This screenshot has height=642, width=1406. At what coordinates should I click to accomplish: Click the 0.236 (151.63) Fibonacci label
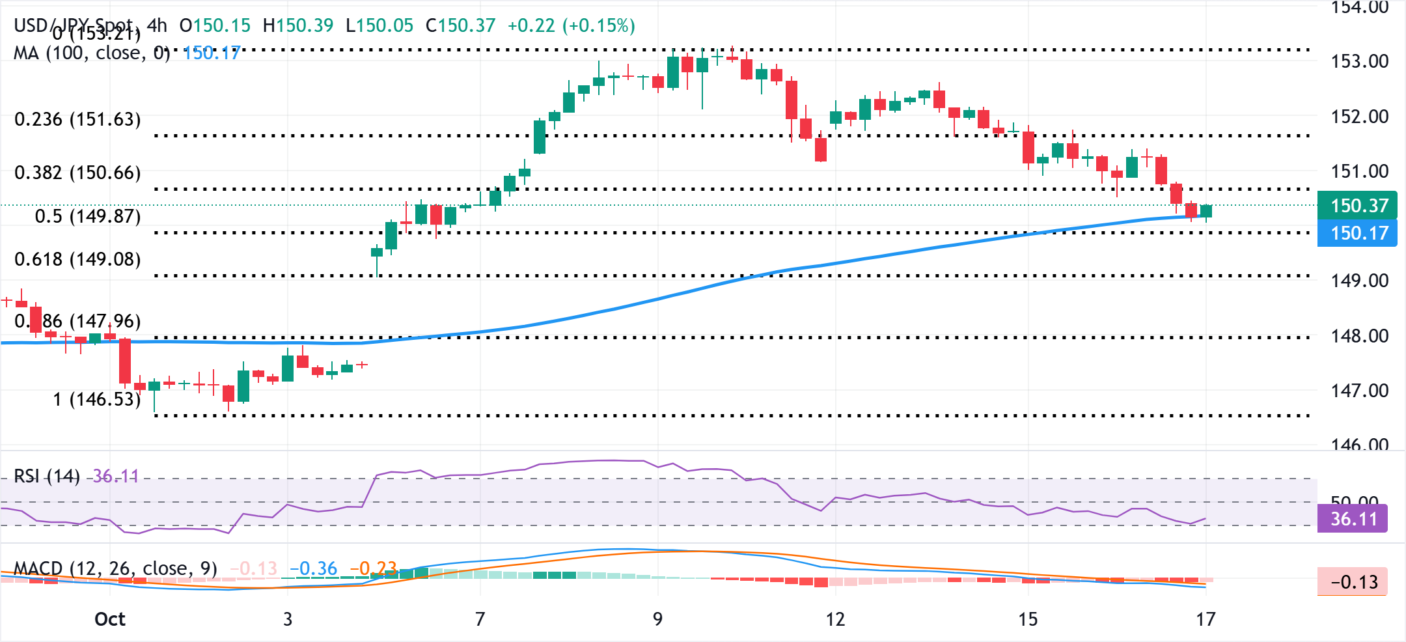click(x=77, y=119)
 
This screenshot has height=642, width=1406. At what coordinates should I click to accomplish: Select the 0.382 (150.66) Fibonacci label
click(x=77, y=173)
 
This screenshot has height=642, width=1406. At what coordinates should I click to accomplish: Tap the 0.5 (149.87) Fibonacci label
click(x=88, y=216)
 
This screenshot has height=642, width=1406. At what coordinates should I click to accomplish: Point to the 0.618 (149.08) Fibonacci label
click(x=77, y=259)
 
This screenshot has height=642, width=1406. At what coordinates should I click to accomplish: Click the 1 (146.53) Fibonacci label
click(x=97, y=399)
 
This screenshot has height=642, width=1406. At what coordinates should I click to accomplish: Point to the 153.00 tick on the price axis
click(x=1360, y=61)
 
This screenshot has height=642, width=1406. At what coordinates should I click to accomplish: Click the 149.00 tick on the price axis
click(x=1360, y=281)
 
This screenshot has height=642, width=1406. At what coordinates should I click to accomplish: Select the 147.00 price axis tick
click(x=1360, y=391)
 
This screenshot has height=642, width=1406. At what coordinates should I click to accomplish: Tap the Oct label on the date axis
click(x=110, y=619)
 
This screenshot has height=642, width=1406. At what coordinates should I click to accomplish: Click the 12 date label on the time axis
click(x=835, y=619)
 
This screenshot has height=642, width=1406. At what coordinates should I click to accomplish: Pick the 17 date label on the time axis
click(x=1206, y=619)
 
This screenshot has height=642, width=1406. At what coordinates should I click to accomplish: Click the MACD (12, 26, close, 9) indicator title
click(x=115, y=568)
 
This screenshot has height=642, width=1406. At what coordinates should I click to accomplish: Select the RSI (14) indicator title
click(x=47, y=477)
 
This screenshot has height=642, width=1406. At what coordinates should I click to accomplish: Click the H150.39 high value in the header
click(x=298, y=25)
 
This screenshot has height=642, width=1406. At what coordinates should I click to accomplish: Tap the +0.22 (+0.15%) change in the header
click(x=571, y=25)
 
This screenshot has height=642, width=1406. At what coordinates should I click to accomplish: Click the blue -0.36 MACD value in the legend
click(x=314, y=568)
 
